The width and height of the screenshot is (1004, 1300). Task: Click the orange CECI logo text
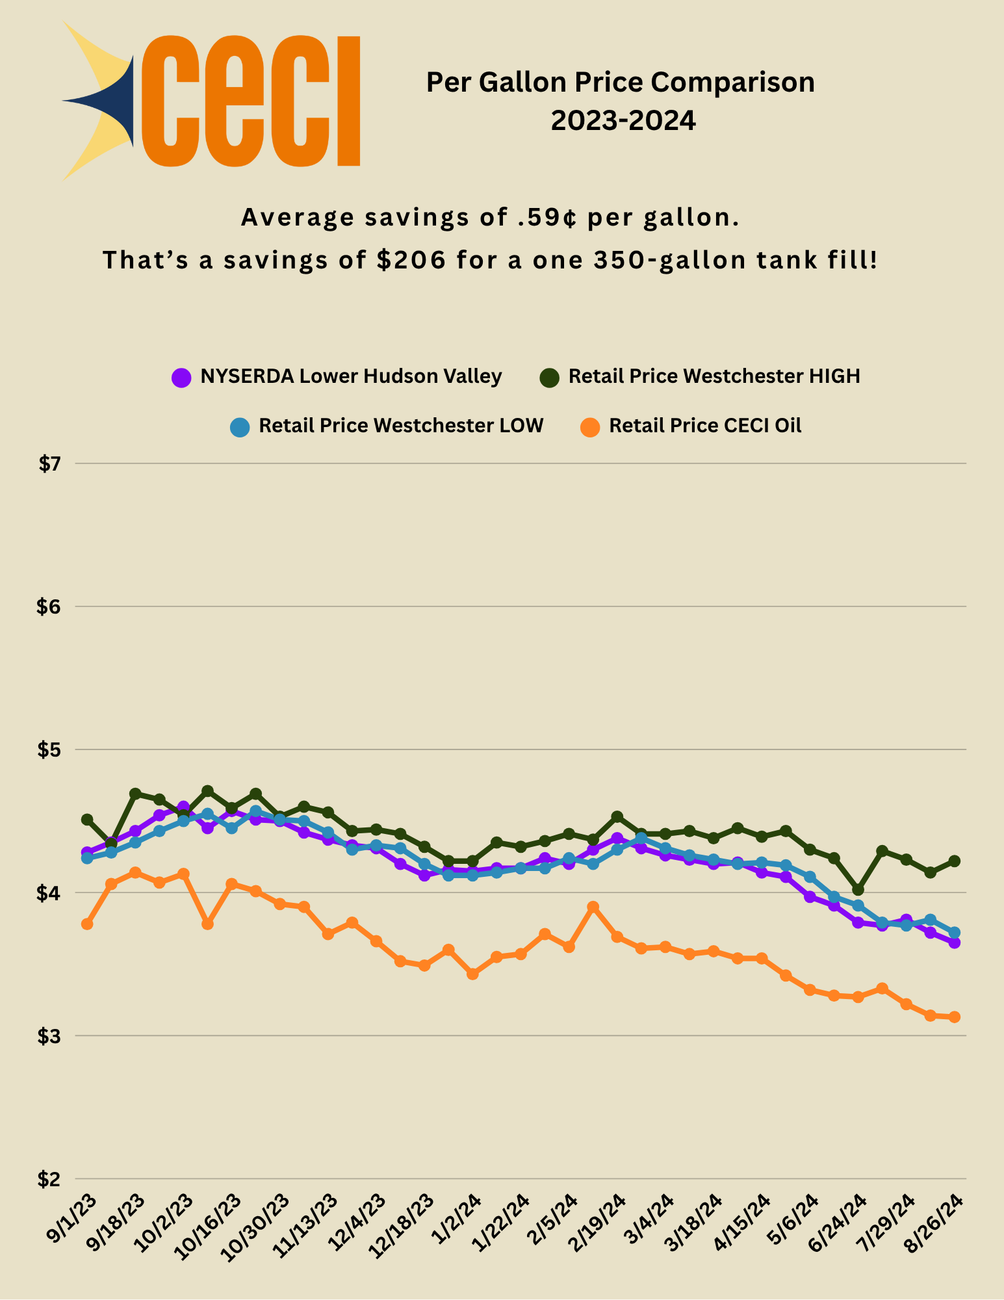250,101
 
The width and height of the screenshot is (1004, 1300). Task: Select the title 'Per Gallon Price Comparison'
620,83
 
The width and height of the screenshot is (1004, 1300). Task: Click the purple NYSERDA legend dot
181,377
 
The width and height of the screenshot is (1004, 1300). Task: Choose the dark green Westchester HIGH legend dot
550,377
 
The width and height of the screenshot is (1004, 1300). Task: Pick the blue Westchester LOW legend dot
240,427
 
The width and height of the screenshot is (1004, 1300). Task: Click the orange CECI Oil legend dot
590,427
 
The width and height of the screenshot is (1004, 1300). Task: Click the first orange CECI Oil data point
87,924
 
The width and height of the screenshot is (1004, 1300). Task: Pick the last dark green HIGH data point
955,861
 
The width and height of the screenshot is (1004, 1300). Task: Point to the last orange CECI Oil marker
955,1017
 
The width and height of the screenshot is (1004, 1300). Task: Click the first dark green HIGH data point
87,819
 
